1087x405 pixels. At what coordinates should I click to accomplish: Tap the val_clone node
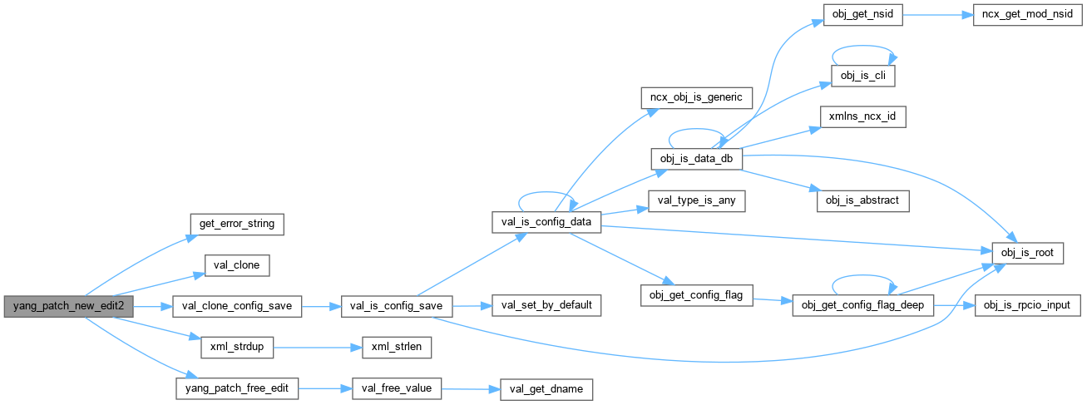pos(237,265)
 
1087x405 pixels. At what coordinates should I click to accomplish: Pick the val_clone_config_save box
pos(237,306)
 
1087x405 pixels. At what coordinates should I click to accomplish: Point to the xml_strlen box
pos(397,347)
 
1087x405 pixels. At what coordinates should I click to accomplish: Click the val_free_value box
pos(397,388)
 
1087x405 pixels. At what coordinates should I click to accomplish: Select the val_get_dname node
pos(546,388)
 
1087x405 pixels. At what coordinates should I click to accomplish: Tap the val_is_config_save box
pos(397,306)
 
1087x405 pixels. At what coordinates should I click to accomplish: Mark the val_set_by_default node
pos(546,306)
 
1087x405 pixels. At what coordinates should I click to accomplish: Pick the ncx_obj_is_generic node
pos(696,96)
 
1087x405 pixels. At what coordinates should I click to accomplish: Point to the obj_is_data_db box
pos(696,158)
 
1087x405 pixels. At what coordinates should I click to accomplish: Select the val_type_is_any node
pos(696,201)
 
